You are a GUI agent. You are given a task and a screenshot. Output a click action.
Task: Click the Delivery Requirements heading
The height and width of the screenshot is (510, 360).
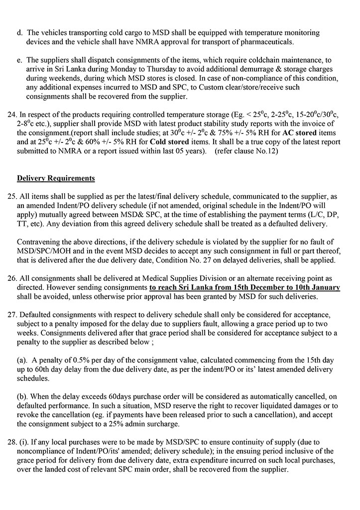(56, 178)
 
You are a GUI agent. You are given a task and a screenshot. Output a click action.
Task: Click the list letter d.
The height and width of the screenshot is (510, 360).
(19, 33)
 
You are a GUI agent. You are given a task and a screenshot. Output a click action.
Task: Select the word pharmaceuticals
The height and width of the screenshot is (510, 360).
(271, 42)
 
